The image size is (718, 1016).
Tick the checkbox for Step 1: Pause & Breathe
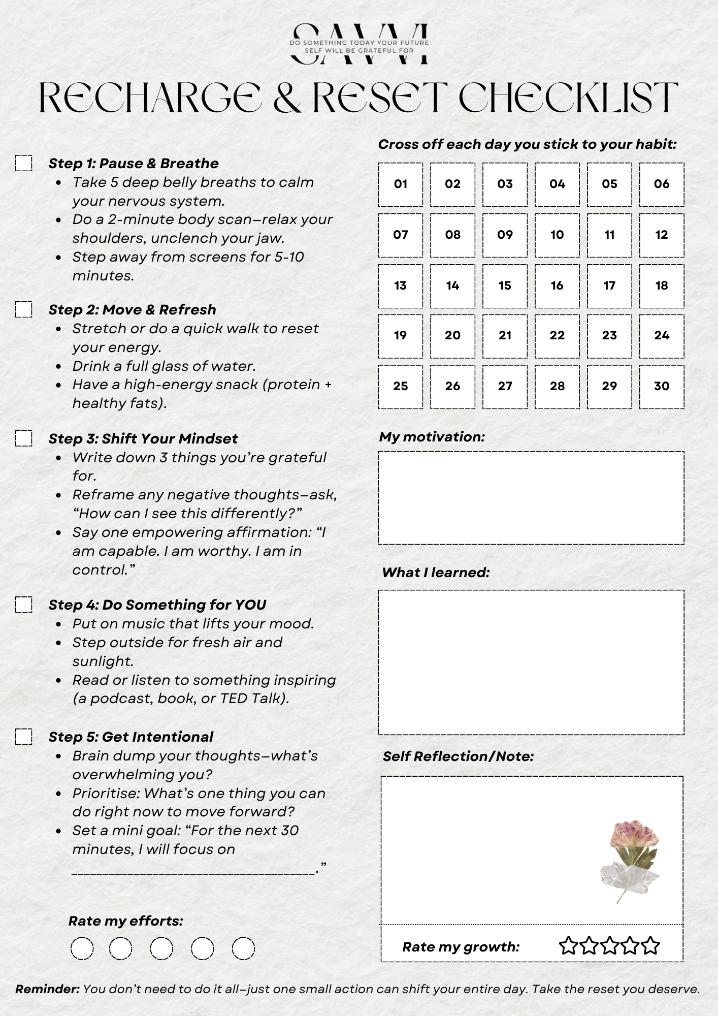23,163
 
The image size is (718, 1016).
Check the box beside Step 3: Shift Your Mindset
23,438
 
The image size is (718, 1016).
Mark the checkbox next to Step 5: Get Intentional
23,737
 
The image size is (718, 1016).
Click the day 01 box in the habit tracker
400,184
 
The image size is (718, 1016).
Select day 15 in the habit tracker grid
505,285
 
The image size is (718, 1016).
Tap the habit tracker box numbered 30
661,387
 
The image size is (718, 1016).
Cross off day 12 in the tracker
661,235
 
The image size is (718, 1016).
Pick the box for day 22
557,336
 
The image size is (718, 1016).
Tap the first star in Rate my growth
569,946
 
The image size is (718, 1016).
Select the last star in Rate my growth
650,946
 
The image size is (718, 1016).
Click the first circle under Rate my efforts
82,948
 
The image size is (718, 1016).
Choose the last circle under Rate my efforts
243,948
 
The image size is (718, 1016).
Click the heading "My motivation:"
432,437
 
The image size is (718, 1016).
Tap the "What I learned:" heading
436,573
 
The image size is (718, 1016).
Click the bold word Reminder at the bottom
47,989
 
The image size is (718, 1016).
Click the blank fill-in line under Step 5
193,872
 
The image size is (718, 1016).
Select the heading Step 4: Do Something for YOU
157,605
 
